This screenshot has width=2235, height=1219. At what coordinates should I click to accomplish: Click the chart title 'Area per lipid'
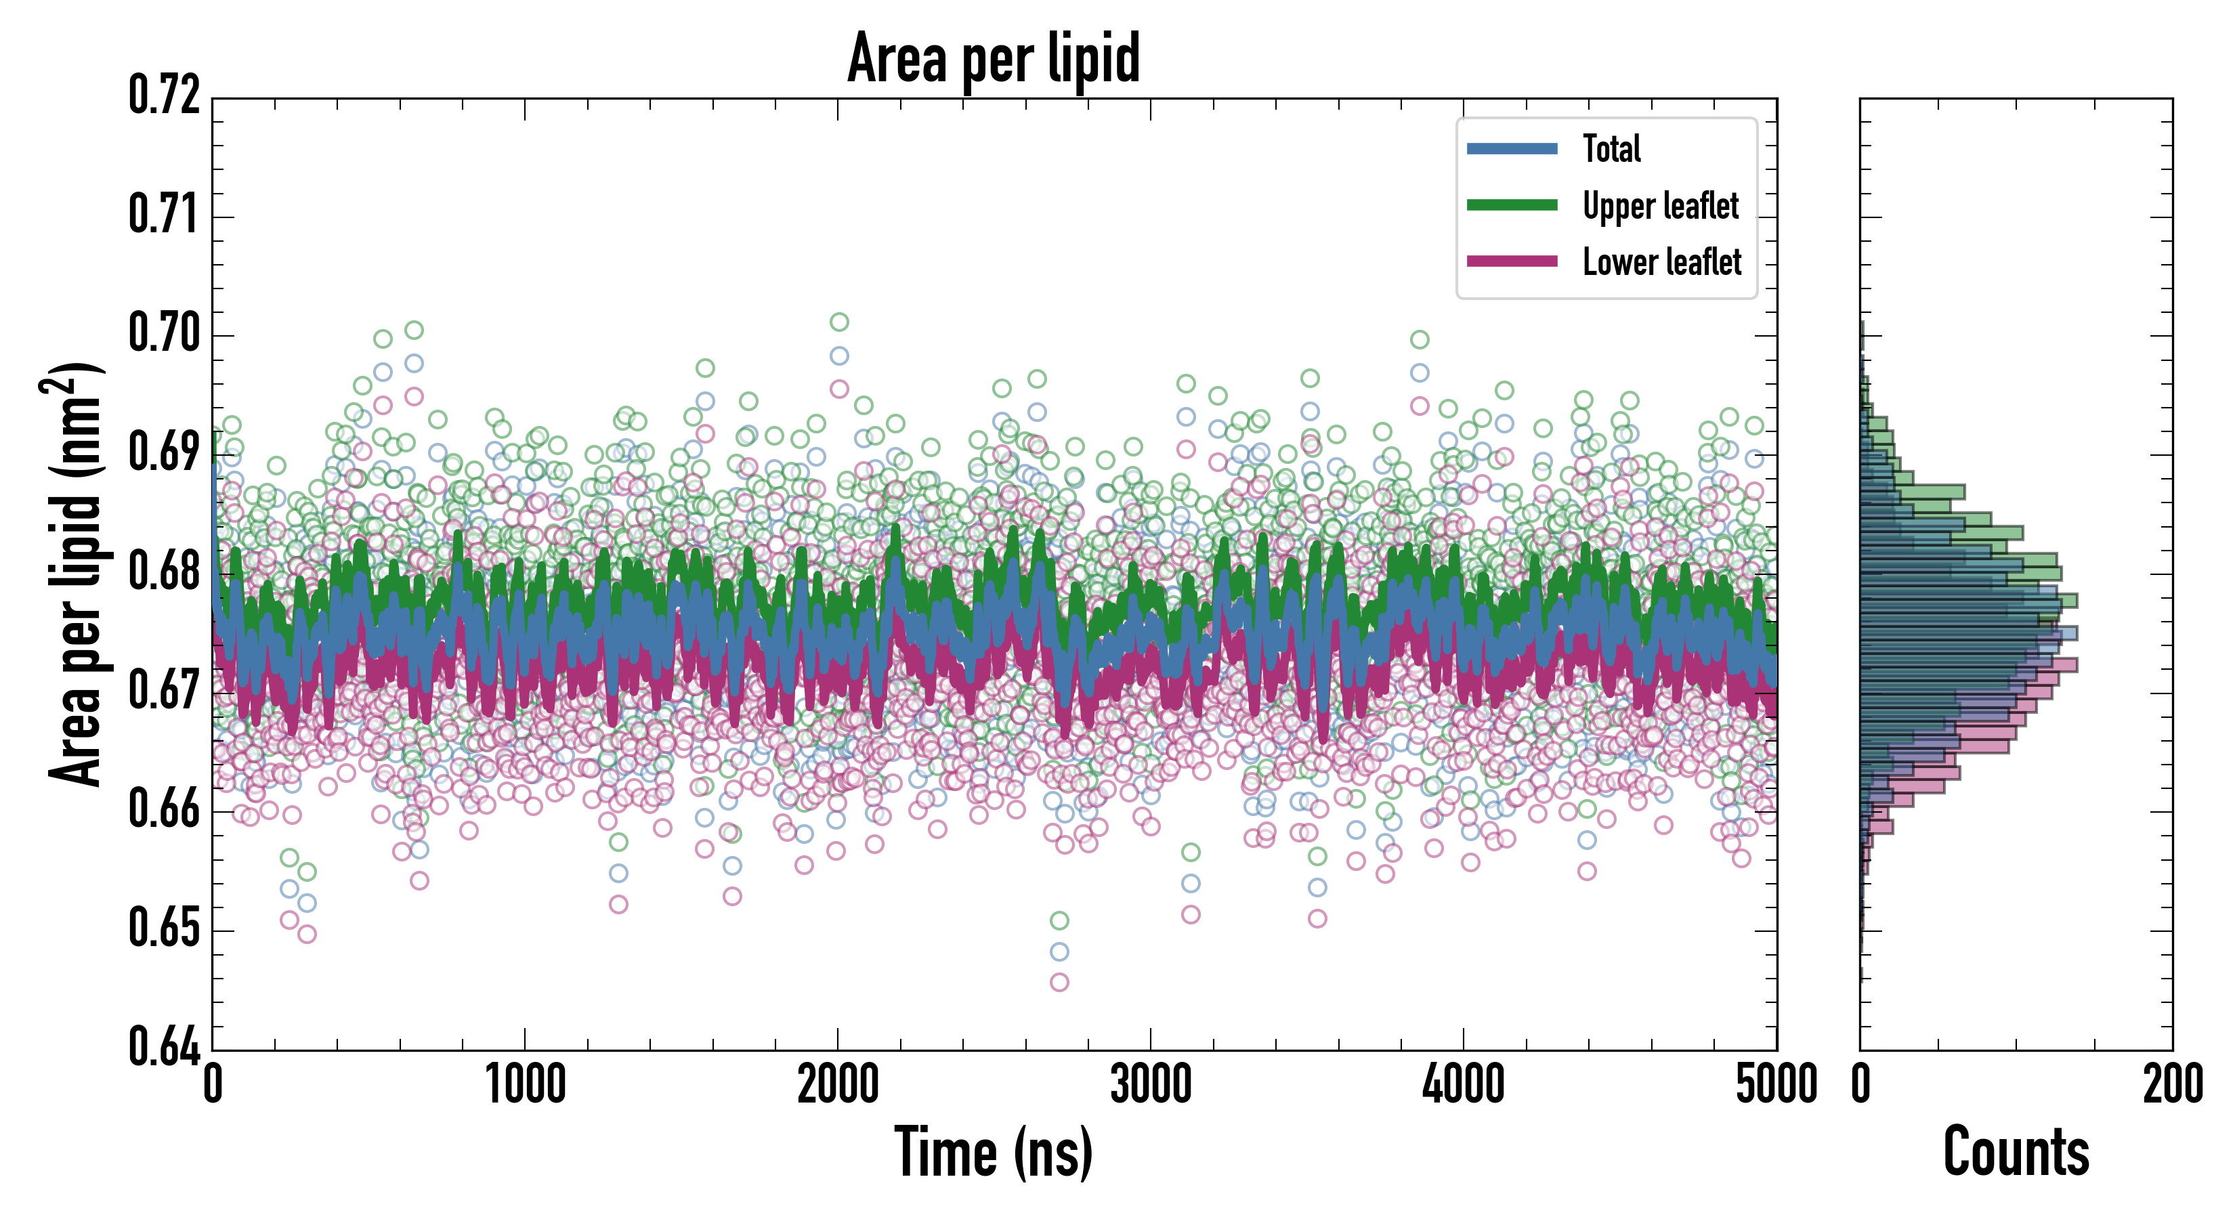(994, 59)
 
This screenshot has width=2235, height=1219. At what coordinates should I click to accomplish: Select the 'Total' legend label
(1611, 148)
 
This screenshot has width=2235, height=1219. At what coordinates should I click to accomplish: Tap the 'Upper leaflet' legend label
(1661, 206)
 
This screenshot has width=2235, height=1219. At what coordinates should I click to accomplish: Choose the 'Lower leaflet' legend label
(1661, 262)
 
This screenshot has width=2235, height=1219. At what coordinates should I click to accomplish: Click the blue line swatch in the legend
(1512, 148)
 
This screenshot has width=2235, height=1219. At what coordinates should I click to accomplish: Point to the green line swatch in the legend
(1512, 205)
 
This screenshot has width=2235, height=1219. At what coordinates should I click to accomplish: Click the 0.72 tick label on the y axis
(165, 95)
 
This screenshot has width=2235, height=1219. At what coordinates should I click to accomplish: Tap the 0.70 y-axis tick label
(165, 333)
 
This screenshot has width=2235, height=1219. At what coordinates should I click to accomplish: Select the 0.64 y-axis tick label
(165, 1046)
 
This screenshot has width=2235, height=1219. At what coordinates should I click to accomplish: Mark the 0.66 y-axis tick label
(165, 809)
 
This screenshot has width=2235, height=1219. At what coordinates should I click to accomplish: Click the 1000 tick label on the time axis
(525, 1084)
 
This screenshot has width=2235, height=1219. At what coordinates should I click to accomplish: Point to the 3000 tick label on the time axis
(1151, 1084)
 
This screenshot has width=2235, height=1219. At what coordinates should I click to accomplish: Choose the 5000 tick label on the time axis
(1776, 1084)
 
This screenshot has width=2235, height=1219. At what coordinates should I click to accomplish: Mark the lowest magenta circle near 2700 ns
(1059, 982)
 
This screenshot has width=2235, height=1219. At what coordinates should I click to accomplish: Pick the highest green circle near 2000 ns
(839, 322)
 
